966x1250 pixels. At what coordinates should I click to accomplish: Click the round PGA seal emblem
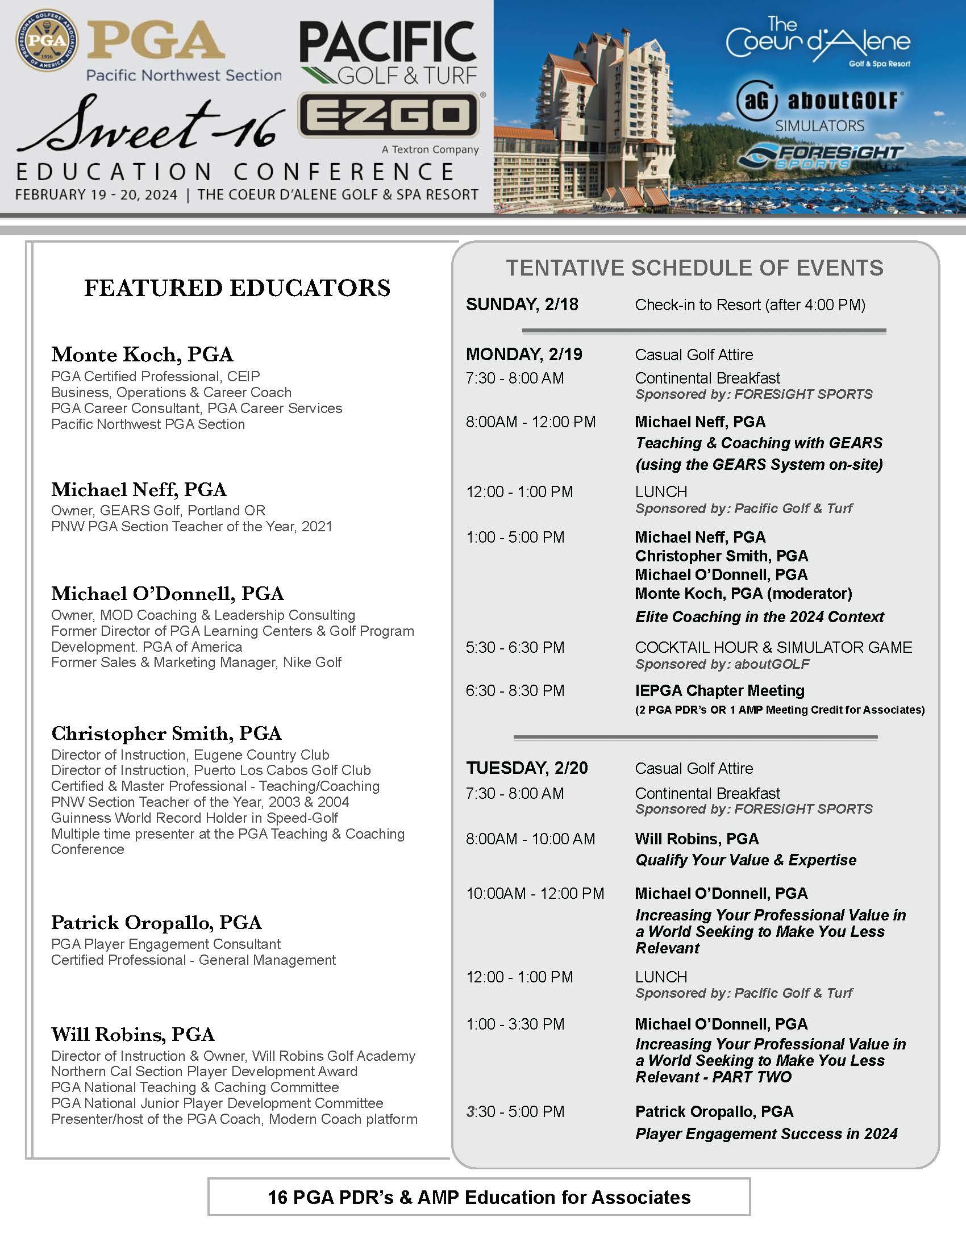47,40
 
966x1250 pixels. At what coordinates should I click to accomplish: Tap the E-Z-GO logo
389,115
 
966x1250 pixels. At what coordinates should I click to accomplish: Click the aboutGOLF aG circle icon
756,101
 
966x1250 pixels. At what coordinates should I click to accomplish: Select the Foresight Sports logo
819,156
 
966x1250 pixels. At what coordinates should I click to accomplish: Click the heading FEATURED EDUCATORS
237,288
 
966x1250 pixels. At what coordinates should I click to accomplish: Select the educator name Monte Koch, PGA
142,355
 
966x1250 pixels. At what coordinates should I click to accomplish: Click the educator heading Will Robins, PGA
133,1034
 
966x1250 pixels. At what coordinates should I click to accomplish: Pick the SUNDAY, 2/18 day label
522,305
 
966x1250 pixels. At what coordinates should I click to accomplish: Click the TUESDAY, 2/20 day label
527,768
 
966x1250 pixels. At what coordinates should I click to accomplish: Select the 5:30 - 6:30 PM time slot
515,647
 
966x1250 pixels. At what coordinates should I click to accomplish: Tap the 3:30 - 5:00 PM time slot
515,1111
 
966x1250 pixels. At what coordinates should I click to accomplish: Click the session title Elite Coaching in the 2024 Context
759,616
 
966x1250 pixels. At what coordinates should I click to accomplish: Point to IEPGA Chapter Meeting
719,691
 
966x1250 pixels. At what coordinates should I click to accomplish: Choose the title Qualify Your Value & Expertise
746,860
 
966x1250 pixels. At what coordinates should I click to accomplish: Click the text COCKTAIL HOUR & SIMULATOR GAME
773,647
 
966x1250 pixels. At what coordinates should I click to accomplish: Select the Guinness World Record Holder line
194,817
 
